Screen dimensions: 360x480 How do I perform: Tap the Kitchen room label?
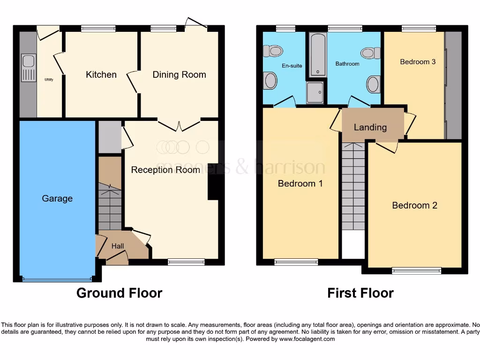101,75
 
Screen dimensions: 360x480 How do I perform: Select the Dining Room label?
179,75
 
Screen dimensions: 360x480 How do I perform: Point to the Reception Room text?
165,170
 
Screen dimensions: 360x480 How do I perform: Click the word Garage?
57,198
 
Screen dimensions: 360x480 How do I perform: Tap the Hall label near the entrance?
118,246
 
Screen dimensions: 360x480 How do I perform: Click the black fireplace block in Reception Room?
213,182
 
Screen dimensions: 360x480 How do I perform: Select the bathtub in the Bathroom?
317,55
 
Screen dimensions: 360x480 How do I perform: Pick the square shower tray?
315,93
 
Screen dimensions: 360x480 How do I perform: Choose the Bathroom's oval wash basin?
373,84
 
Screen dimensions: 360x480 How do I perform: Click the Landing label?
370,127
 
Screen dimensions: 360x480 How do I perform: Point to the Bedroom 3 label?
414,61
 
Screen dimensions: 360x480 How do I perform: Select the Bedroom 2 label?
414,205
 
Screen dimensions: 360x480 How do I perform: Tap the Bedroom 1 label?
300,183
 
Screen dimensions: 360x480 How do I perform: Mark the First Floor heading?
360,293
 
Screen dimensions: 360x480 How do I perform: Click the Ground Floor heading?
119,293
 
